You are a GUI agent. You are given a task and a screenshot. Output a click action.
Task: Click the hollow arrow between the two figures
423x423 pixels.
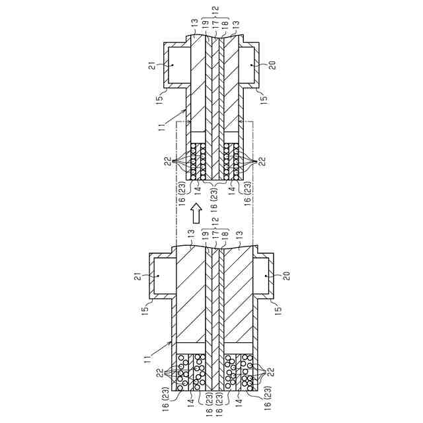196,213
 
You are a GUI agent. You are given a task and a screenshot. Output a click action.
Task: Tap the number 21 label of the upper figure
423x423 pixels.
153,65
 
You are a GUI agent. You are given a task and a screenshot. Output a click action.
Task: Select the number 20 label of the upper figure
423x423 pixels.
273,65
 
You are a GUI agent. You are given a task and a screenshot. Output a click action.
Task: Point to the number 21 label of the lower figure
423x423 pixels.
138,276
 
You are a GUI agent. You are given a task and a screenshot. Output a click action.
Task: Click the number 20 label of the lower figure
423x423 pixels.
287,276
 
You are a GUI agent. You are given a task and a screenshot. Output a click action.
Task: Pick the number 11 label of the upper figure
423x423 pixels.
162,126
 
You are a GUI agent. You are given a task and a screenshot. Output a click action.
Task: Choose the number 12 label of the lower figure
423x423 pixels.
215,222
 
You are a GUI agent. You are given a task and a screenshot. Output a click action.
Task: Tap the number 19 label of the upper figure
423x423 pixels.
205,23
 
